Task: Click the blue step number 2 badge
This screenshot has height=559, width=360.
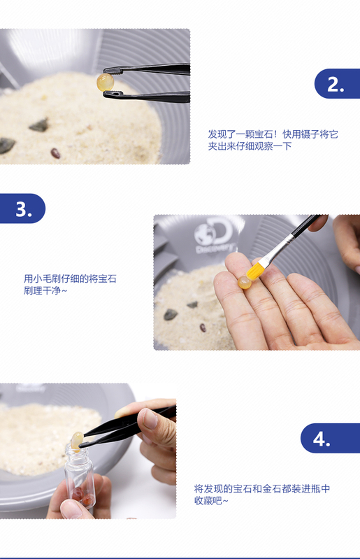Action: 337,84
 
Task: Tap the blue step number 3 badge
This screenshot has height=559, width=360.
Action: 23,208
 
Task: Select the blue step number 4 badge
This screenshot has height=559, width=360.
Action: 330,438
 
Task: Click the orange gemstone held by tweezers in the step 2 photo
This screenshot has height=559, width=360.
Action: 106,82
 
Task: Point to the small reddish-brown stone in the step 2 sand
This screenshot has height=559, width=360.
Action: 55,153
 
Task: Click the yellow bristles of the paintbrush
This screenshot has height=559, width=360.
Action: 255,270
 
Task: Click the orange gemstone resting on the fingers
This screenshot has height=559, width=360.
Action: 244,283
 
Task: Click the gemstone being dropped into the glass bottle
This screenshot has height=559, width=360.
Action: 77,441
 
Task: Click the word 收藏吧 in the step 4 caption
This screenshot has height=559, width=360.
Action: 208,500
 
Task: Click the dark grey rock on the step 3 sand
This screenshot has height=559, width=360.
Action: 170,314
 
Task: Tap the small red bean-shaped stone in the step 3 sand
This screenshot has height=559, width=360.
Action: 203,327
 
